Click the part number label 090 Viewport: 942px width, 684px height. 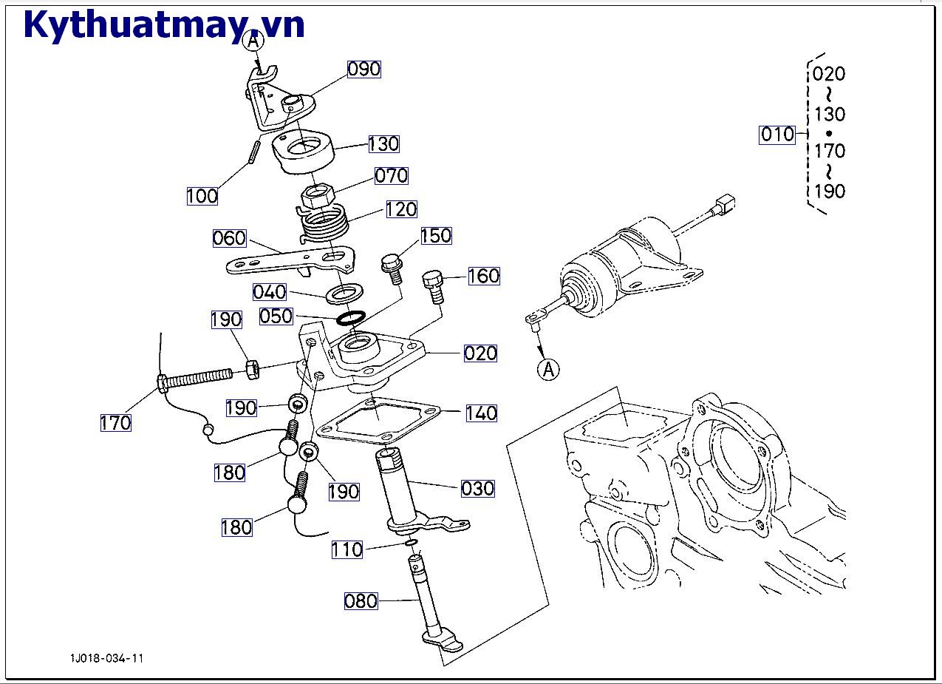364,69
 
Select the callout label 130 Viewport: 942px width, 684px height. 383,143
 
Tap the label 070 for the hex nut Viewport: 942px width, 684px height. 392,175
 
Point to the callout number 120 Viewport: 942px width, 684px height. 401,209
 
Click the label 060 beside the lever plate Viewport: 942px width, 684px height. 229,238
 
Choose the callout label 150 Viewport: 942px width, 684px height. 436,236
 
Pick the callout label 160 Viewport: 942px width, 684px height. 484,276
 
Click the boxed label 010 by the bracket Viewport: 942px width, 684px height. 777,135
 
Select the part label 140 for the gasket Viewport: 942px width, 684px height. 481,413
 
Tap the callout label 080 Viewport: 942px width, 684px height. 361,601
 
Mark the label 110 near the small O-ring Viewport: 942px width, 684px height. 347,549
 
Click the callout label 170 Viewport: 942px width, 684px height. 116,423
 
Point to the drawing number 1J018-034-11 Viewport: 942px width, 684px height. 107,658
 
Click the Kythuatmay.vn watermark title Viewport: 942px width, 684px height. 163,25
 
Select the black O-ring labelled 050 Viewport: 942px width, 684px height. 350,319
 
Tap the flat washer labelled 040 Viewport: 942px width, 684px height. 344,293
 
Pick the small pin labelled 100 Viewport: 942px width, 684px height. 253,154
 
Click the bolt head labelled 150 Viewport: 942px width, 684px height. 391,263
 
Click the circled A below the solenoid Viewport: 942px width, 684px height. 548,368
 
